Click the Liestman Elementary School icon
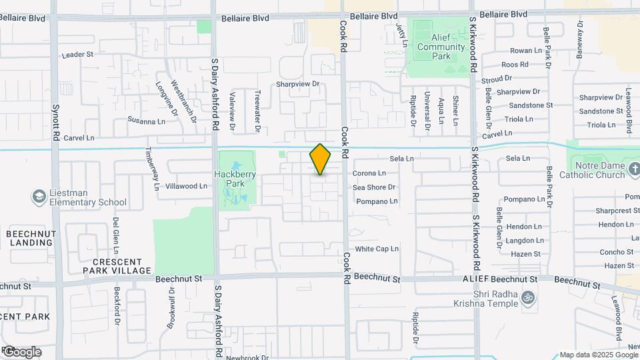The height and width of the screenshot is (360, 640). [x=37, y=197]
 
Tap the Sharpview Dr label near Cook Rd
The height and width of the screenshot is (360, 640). [x=299, y=85]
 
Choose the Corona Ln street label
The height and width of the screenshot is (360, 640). [x=369, y=173]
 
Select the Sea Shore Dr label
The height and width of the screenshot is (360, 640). [x=374, y=187]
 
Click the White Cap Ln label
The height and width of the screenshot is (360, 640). [x=377, y=249]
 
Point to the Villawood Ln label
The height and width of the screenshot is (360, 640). [x=186, y=186]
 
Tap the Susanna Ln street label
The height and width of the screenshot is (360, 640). [x=146, y=121]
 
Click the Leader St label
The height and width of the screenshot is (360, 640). [x=77, y=55]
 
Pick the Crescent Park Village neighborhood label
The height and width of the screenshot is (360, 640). [x=117, y=266]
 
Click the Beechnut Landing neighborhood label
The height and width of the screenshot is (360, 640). [x=31, y=238]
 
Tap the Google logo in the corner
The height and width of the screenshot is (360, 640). [x=22, y=351]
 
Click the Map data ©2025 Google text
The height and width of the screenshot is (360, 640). [x=598, y=355]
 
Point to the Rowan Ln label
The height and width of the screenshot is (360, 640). [x=526, y=51]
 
